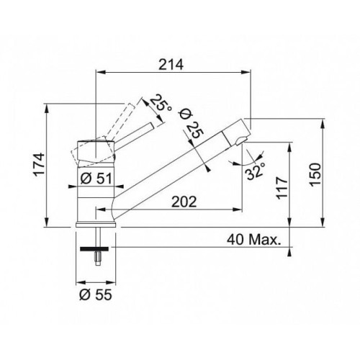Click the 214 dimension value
[171, 64]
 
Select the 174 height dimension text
[39, 165]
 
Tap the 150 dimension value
[315, 174]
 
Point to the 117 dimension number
[282, 188]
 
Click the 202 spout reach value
[184, 202]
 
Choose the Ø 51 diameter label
[96, 179]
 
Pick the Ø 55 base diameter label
[96, 294]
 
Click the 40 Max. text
[253, 239]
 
